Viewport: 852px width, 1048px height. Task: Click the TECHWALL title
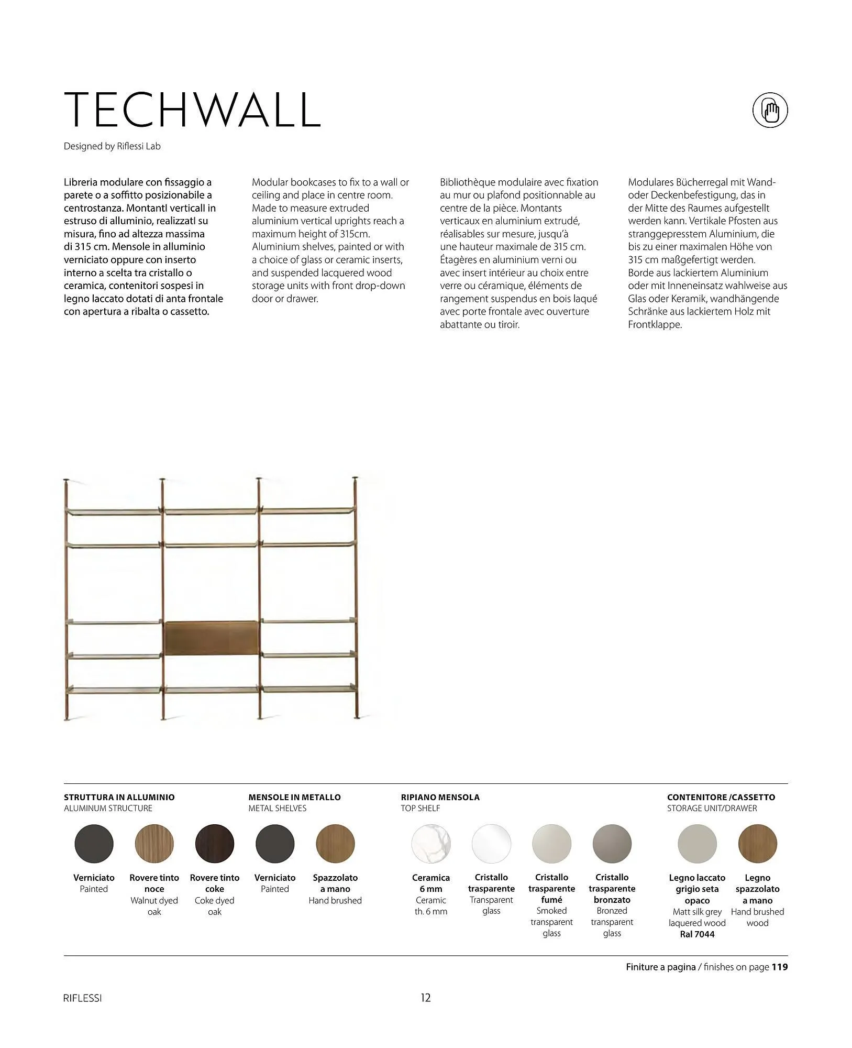click(x=192, y=110)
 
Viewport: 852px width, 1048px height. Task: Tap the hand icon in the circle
click(x=770, y=111)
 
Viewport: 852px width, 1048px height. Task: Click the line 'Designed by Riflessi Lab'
click(x=112, y=146)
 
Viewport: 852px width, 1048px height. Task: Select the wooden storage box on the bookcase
click(x=212, y=638)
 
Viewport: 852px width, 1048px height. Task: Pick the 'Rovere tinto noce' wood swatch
click(x=154, y=844)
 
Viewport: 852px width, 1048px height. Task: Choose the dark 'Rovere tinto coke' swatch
click(x=214, y=844)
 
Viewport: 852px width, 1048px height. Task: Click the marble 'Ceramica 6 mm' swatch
click(x=430, y=844)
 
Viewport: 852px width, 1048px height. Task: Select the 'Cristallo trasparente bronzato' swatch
click(x=612, y=844)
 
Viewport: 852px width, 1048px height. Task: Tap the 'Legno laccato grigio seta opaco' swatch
click(x=697, y=844)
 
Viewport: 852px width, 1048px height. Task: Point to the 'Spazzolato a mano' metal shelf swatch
click(x=335, y=844)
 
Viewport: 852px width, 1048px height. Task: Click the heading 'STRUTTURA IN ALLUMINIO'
click(x=119, y=797)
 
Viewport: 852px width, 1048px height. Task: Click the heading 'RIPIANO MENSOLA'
click(x=440, y=797)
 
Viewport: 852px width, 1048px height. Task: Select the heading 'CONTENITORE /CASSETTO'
click(x=721, y=797)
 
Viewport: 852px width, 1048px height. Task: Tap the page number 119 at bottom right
click(x=779, y=967)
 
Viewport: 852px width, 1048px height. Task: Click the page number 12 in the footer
click(x=426, y=998)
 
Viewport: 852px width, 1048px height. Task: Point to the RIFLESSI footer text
click(x=82, y=998)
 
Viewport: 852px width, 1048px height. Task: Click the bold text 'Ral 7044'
click(x=696, y=934)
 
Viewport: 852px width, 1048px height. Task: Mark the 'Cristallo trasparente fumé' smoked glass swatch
click(x=551, y=844)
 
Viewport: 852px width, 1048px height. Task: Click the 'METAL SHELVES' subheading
click(x=277, y=808)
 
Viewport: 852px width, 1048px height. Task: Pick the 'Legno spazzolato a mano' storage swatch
click(x=757, y=844)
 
